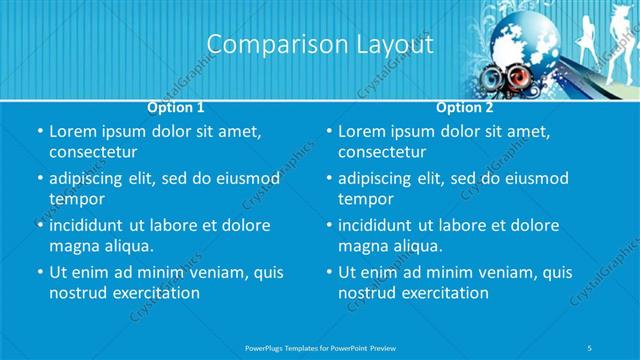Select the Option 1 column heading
coord(176,106)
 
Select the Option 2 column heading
coord(464,106)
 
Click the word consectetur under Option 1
coord(93,152)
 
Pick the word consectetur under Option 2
coord(382,152)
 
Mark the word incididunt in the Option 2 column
coord(382,225)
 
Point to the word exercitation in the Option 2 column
coord(441,293)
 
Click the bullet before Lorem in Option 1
coord(38,131)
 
